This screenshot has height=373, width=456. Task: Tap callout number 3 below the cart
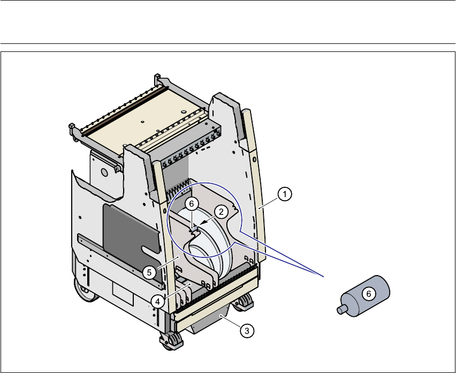(246, 331)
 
